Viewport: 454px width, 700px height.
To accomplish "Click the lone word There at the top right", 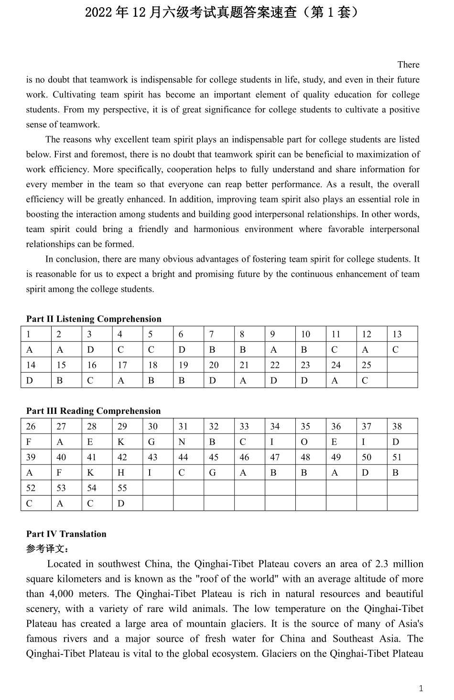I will click(x=408, y=65).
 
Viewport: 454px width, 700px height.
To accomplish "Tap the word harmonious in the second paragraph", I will click(x=216, y=229).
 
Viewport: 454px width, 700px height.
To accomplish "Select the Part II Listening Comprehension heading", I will click(x=94, y=319).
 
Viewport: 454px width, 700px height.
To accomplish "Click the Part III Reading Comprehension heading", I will click(x=93, y=411).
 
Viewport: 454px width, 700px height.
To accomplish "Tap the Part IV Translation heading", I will click(x=66, y=534).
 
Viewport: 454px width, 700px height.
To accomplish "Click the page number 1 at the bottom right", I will click(x=421, y=689).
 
